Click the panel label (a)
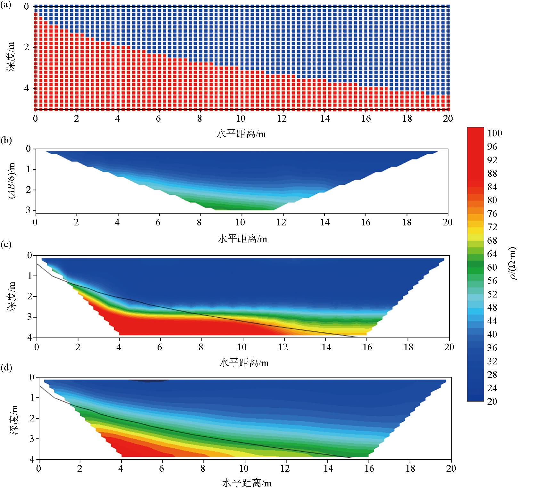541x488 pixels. pos(6,5)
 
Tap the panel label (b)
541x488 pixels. pos(6,140)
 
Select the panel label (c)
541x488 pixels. pos(6,244)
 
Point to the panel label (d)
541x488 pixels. pos(6,367)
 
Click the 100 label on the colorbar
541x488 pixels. pos(495,133)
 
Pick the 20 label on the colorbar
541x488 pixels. pos(492,402)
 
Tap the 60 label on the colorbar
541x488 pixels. pos(492,267)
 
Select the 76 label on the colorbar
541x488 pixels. pos(492,214)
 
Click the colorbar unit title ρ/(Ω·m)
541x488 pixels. pos(513,263)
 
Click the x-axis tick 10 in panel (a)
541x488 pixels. pos(241,119)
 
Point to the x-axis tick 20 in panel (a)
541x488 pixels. pos(448,119)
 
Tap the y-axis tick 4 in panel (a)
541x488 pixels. pos(27,88)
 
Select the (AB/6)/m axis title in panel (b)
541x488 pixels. pos(12,181)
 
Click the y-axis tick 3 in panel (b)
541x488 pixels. pos(29,210)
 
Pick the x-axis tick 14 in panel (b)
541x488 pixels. pos(325,222)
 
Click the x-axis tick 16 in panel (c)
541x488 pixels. pos(367,347)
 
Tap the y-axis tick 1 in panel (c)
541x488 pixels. pos(30,276)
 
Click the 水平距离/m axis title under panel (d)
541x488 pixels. pos(247,483)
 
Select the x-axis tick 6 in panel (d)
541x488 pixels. pos(162,469)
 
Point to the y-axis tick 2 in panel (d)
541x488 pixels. pos(32,418)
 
